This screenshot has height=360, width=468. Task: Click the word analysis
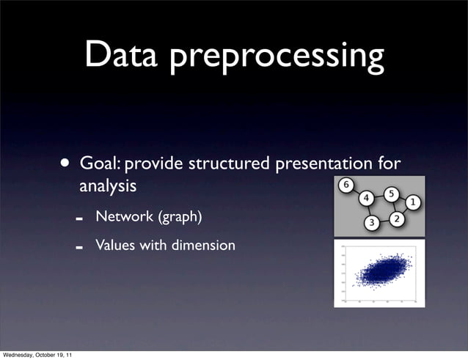107,187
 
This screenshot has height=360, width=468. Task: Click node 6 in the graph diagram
346,184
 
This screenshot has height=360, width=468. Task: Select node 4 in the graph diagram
366,198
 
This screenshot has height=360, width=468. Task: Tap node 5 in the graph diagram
391,194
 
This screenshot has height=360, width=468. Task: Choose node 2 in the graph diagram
397,219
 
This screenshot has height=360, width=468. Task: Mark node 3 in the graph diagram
372,222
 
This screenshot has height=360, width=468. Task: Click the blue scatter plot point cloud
379,272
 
